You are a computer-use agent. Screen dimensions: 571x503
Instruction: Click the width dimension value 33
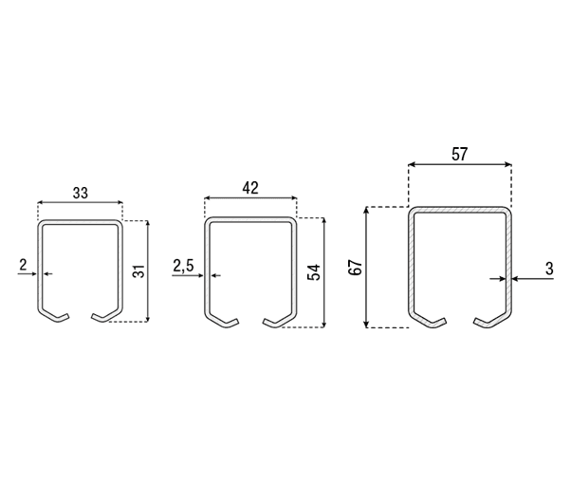tap(81, 193)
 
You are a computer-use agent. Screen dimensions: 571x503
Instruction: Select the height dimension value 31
tap(139, 271)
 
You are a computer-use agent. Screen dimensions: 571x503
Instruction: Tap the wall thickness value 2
tap(24, 265)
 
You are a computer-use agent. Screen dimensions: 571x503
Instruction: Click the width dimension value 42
tap(250, 188)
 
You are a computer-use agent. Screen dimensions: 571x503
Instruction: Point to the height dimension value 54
tap(314, 272)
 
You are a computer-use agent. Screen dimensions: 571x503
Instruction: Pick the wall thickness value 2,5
tap(183, 267)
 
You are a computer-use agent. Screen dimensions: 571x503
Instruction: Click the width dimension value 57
tap(459, 154)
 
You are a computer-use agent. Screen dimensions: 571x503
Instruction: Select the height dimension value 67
tap(356, 268)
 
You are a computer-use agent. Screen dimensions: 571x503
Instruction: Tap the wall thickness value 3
tap(549, 269)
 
